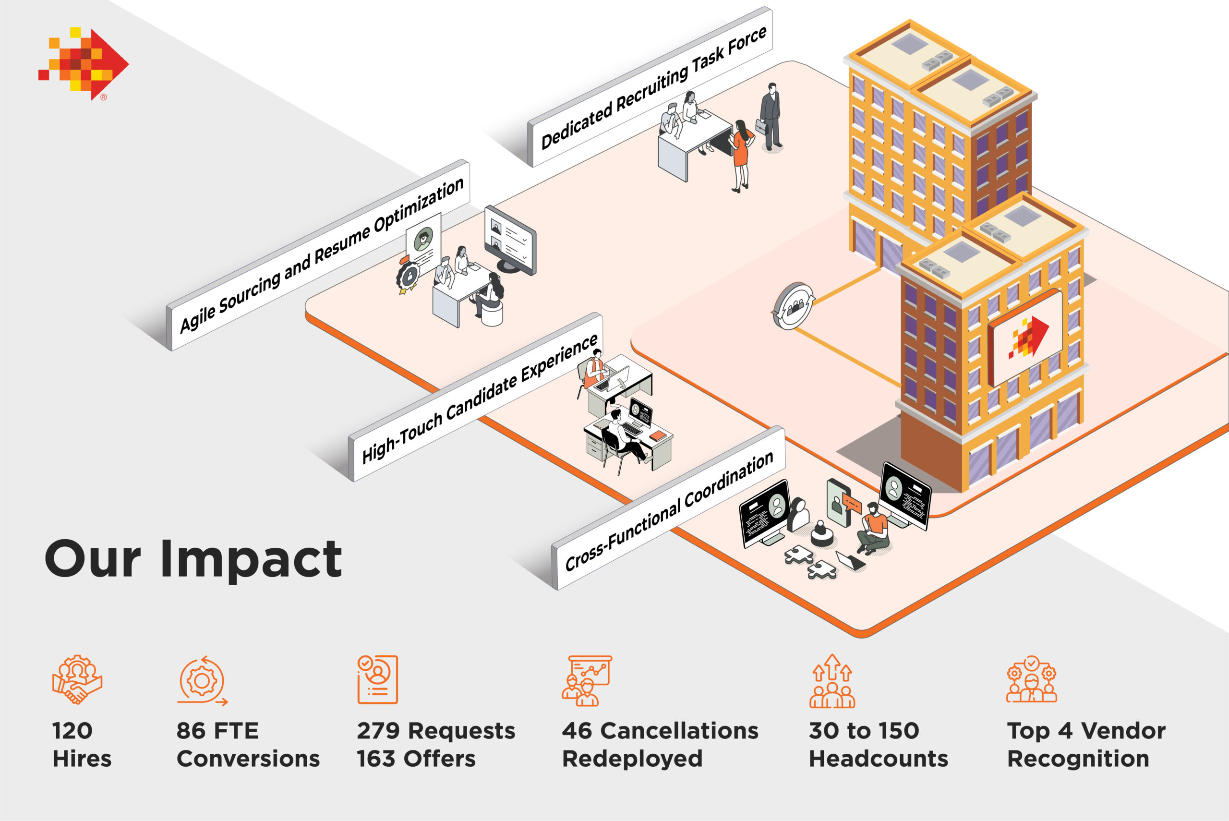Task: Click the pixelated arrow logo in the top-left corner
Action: click(84, 63)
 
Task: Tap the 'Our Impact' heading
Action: click(193, 559)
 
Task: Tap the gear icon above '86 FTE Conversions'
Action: click(202, 680)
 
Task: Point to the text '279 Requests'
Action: click(435, 730)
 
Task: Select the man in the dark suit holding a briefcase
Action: click(770, 116)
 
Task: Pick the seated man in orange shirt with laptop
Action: click(873, 529)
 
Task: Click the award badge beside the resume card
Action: click(408, 276)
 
